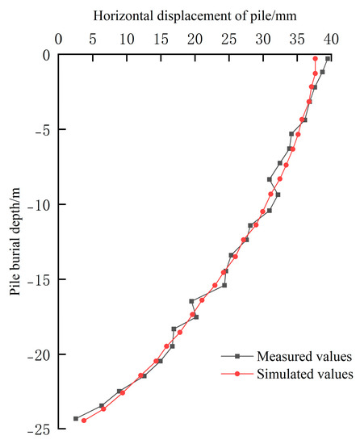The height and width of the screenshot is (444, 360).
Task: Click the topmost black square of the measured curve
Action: [328, 59]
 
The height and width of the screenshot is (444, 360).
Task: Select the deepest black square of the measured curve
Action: [76, 418]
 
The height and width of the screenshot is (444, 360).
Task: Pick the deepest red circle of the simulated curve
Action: [84, 420]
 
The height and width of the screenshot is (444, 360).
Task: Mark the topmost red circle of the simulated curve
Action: [316, 59]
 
